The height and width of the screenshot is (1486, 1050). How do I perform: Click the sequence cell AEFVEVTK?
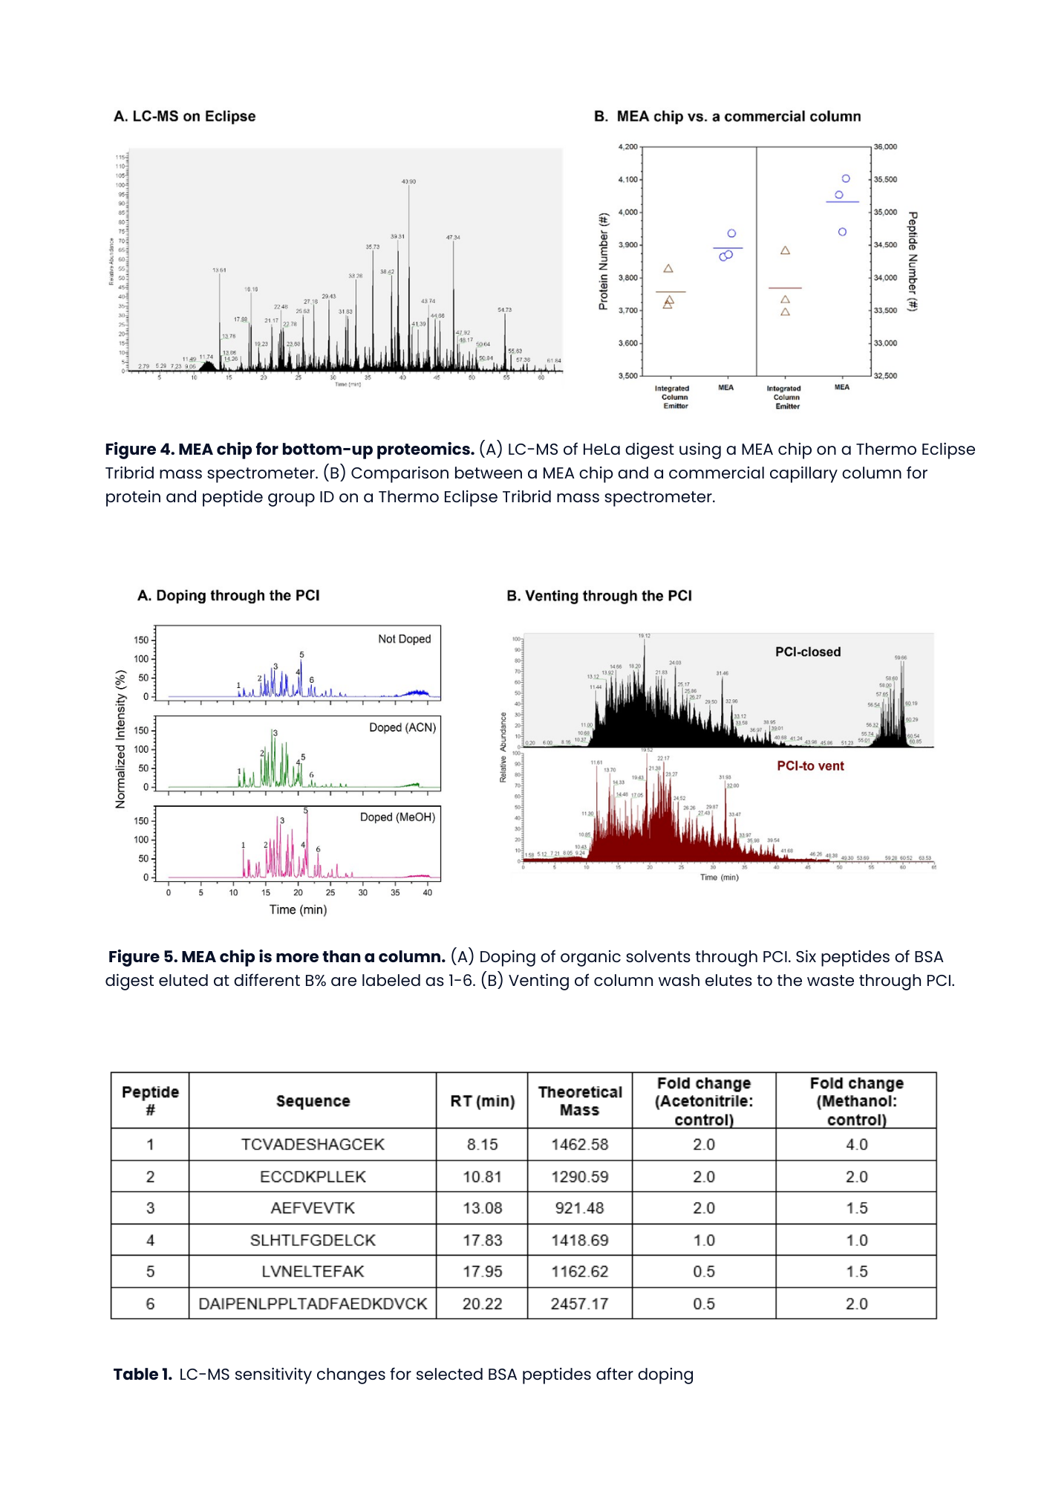[313, 1208]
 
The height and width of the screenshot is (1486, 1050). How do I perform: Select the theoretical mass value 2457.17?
[579, 1303]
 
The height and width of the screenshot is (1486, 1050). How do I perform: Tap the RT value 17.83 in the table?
[482, 1240]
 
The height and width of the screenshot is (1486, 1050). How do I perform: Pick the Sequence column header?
[313, 1101]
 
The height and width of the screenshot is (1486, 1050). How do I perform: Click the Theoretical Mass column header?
[580, 1101]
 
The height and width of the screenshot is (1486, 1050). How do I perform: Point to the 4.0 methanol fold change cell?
[856, 1144]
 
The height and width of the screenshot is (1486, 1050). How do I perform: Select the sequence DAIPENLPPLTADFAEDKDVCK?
[313, 1303]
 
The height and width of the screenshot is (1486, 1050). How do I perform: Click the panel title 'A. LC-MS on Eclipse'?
[185, 117]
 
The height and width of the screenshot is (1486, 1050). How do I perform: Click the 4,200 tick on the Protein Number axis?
[628, 147]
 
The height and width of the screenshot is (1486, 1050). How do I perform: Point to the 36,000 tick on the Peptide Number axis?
[885, 147]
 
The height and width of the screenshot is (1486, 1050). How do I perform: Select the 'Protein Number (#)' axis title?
[604, 262]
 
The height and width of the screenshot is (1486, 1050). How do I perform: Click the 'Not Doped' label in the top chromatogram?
[404, 639]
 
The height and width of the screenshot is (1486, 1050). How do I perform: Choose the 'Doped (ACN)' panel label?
[402, 727]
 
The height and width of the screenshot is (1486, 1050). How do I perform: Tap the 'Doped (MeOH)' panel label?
[397, 817]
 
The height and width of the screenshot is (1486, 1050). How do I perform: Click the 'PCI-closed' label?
[808, 652]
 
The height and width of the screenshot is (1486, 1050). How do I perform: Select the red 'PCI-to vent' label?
[810, 766]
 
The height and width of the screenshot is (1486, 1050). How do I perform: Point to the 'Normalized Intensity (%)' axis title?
[120, 739]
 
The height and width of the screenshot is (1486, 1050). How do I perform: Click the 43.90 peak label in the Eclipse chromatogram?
[408, 181]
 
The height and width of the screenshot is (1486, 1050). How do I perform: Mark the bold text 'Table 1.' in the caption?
[143, 1375]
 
